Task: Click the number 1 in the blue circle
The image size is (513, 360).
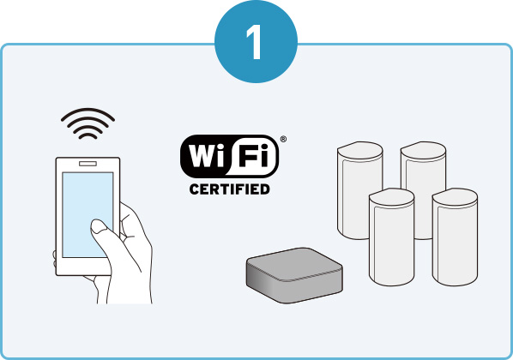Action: tap(255, 42)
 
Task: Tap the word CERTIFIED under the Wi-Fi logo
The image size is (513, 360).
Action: tap(229, 189)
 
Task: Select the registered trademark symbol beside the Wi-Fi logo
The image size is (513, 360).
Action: tap(283, 139)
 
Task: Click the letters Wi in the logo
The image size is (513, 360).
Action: tap(206, 156)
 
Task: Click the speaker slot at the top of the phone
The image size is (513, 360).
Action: tap(88, 164)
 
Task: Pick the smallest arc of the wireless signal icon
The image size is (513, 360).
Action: tap(88, 135)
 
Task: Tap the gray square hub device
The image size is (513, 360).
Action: tap(294, 275)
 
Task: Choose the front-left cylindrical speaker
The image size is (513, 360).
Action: tap(391, 237)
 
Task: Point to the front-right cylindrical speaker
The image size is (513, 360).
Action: tap(455, 237)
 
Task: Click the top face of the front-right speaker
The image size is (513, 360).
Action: tap(456, 196)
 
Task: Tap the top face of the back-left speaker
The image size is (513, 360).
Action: tap(360, 150)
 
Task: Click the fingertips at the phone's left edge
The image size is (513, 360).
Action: tap(54, 258)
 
